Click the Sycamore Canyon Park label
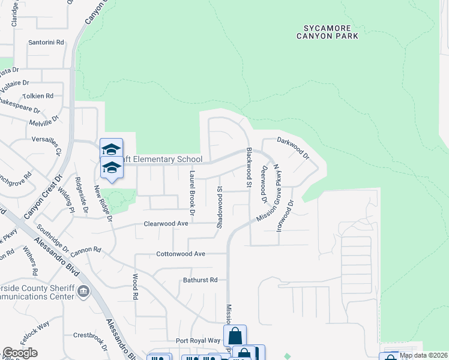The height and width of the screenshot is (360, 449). (x=327, y=32)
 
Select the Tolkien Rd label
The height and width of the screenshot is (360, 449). (x=38, y=96)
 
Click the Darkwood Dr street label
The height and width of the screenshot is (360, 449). (x=292, y=148)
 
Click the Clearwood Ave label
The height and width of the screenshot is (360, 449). (x=166, y=223)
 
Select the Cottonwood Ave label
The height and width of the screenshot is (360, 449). (x=182, y=254)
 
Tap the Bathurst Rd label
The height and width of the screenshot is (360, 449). (x=200, y=280)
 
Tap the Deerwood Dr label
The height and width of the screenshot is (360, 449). (x=263, y=181)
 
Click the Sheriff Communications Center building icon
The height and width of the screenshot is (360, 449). (x=83, y=292)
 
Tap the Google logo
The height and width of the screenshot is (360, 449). (x=20, y=353)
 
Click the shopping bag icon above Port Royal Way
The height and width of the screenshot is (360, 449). (x=235, y=335)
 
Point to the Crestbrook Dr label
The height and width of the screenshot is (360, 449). (x=90, y=336)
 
